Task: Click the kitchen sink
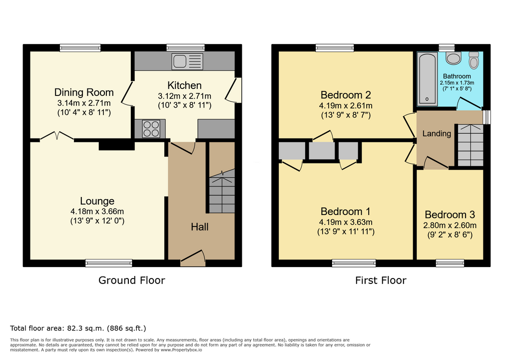click(x=187, y=61)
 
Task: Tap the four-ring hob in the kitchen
click(x=151, y=128)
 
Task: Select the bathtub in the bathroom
click(x=427, y=79)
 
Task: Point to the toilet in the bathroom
click(x=474, y=60)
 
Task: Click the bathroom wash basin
click(x=454, y=58)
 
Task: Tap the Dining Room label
click(x=84, y=92)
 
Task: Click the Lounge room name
click(x=97, y=201)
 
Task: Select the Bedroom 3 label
click(x=450, y=214)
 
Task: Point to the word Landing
click(x=437, y=133)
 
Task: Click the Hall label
click(x=200, y=227)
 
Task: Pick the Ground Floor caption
click(x=132, y=280)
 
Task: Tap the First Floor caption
click(x=381, y=280)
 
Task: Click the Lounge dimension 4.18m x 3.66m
click(x=97, y=211)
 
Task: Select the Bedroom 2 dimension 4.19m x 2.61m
click(x=346, y=105)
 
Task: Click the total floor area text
click(x=78, y=328)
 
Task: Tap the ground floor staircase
click(x=222, y=191)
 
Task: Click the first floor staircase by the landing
click(x=471, y=145)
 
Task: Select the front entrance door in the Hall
click(x=193, y=258)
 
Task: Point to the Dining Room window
click(x=80, y=48)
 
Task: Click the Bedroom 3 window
click(x=450, y=263)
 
